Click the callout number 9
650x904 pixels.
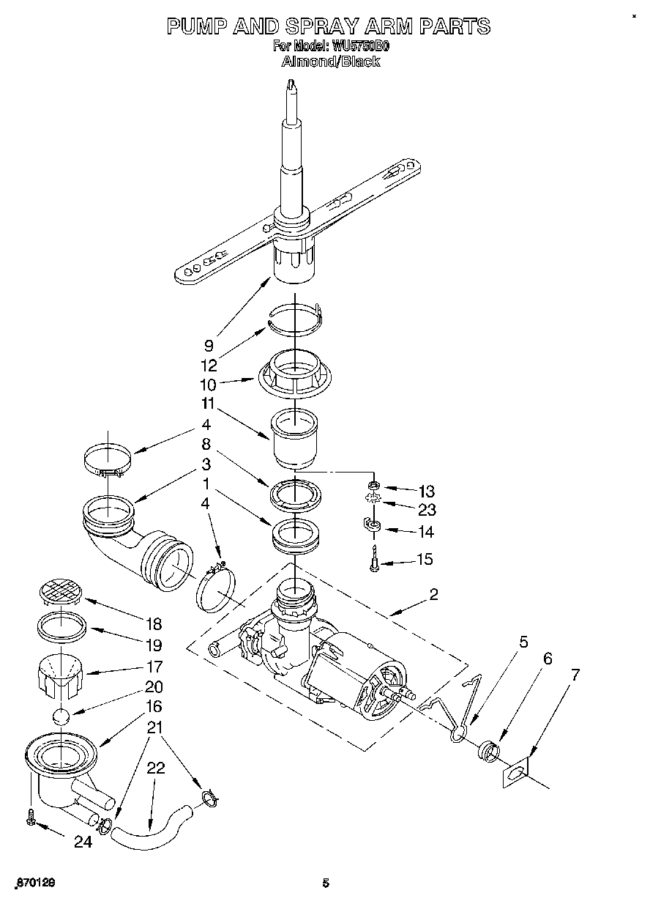pos(209,344)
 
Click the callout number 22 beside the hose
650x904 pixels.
pos(155,768)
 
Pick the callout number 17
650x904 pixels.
pos(154,667)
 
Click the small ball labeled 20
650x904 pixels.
pos(62,716)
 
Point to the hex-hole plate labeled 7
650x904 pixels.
pos(515,775)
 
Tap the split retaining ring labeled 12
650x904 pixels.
pos(295,320)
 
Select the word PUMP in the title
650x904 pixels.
pos(196,26)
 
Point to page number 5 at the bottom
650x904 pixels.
pos(326,883)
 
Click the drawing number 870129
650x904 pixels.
pos(34,883)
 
